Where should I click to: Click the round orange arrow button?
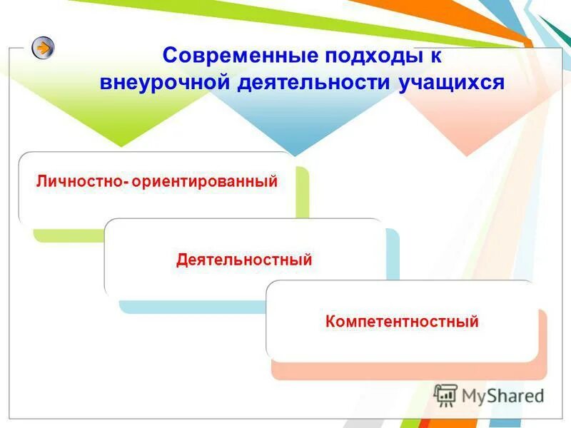[x=43, y=48]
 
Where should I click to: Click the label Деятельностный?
[x=244, y=260]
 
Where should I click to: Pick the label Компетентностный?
[x=401, y=322]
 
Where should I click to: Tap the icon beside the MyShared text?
[x=445, y=394]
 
